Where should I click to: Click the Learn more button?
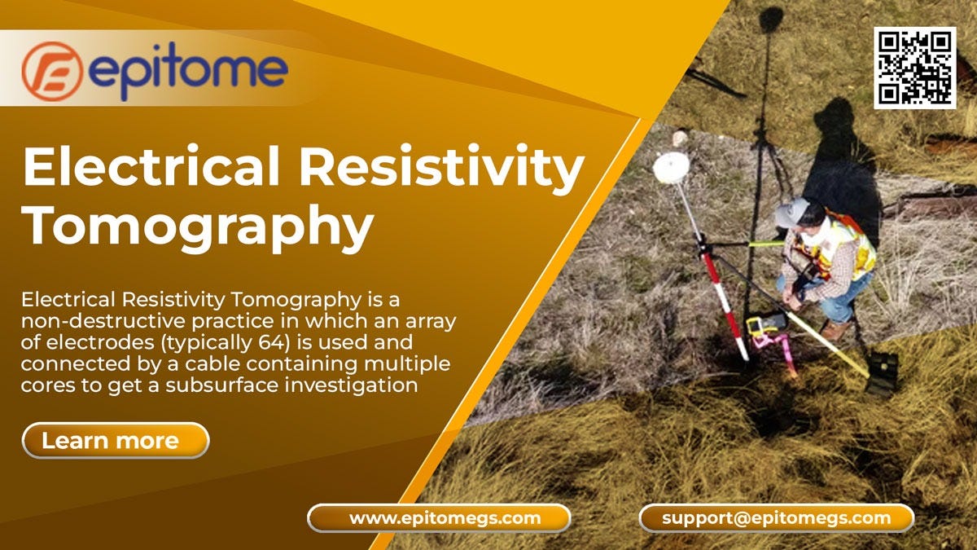[115, 441]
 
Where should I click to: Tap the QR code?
[914, 68]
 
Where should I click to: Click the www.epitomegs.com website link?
[439, 517]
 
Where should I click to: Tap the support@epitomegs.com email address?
[776, 517]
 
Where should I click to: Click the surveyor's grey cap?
[792, 213]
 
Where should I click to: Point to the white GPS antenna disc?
[671, 166]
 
